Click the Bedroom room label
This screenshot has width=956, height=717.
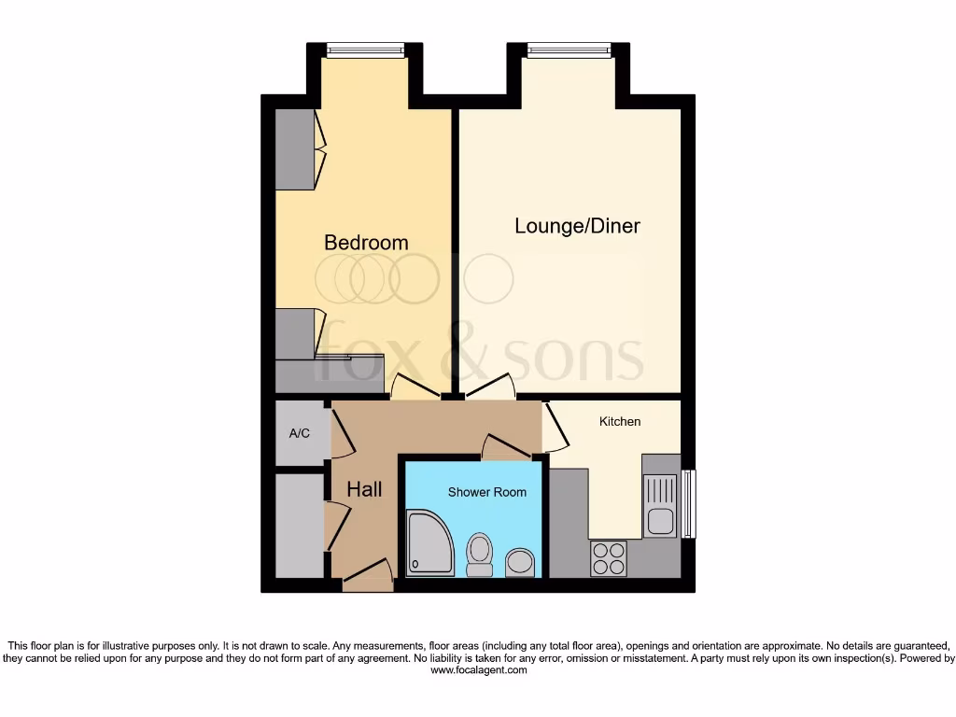pos(366,243)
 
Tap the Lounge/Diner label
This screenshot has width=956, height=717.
pos(577,226)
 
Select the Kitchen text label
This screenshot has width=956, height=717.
pos(620,421)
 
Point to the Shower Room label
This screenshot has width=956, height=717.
pos(486,492)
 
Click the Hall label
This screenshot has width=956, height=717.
pos(364,489)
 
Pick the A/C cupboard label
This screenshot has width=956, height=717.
pos(299,433)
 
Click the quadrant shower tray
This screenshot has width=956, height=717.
pos(429,542)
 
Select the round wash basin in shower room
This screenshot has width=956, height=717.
pos(519,563)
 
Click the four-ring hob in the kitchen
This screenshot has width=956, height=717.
pos(609,558)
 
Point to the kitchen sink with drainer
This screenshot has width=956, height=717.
pos(660,505)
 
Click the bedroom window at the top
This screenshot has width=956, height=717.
pos(365,50)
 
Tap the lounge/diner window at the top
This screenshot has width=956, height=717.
pos(569,50)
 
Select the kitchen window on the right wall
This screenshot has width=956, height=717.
pos(689,504)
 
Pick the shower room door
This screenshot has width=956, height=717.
pos(506,447)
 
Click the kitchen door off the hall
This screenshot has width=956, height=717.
pos(555,429)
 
